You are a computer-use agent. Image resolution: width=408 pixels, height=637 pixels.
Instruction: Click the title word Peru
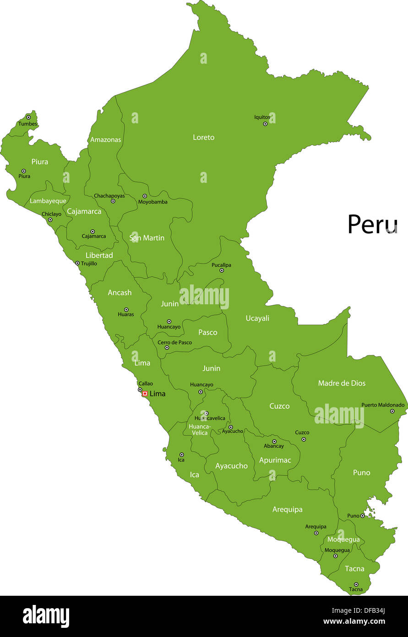tap(372, 224)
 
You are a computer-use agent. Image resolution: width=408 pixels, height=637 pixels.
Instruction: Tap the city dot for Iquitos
tap(265, 124)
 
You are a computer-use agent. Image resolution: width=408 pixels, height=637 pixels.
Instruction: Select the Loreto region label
tap(203, 137)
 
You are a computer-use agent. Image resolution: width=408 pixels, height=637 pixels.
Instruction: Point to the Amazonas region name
tap(105, 139)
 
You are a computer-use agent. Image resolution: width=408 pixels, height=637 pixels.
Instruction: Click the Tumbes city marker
tap(28, 117)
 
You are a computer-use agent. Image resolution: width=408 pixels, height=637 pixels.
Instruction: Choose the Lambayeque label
tap(48, 201)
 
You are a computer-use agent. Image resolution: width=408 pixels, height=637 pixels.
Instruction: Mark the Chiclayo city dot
tap(50, 220)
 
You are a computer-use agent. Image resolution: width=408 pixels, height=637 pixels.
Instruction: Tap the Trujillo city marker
tap(77, 263)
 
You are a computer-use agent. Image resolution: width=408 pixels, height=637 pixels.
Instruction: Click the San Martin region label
tap(147, 238)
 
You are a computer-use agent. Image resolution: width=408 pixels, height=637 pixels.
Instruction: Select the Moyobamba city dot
tap(145, 196)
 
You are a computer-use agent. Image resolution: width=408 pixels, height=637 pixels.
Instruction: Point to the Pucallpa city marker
tap(222, 270)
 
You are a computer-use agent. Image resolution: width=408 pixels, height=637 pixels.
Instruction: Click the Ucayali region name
tap(257, 318)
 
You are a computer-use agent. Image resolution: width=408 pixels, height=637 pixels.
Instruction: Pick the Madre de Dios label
tap(342, 383)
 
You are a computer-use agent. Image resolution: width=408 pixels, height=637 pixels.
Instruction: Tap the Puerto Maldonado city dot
tap(392, 411)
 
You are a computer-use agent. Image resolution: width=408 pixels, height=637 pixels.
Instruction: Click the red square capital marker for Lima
tap(145, 394)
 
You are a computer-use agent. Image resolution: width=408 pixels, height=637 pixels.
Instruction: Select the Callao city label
tap(146, 384)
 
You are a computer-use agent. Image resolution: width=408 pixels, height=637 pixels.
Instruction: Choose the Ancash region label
tap(120, 292)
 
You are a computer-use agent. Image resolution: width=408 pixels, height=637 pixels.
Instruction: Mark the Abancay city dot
tap(274, 441)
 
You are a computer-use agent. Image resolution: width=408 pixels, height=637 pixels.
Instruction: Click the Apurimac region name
tap(275, 460)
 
